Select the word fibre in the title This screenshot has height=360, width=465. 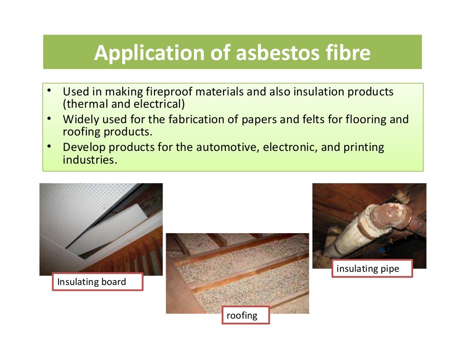click(348, 53)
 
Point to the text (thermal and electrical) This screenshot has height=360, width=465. click(124, 104)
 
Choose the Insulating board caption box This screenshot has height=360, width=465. click(97, 282)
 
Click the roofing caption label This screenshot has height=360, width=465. click(245, 315)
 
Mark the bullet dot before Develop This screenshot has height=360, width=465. click(49, 146)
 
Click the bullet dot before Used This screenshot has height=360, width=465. click(49, 91)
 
